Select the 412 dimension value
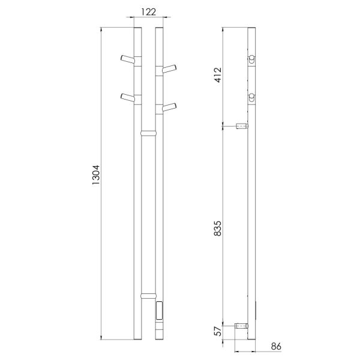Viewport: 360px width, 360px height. [218, 75]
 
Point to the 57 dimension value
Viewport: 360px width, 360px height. [218, 332]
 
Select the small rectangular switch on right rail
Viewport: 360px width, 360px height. [158, 311]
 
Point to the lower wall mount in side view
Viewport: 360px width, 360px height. [242, 325]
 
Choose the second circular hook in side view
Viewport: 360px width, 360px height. [251, 97]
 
